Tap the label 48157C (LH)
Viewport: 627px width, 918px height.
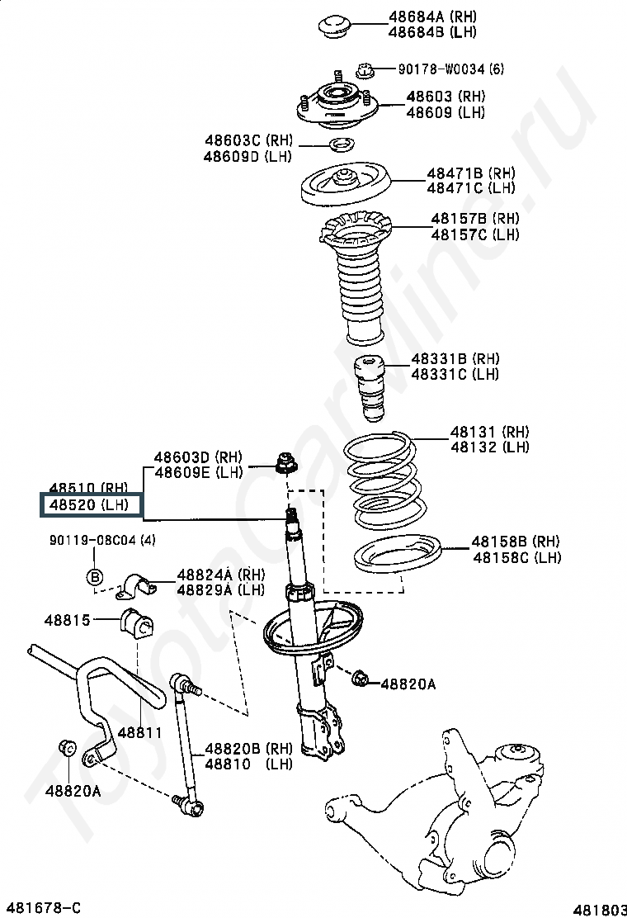point(475,234)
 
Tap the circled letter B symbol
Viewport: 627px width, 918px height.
point(95,576)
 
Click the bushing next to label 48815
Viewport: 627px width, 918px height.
point(138,623)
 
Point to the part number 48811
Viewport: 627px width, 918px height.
point(139,732)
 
